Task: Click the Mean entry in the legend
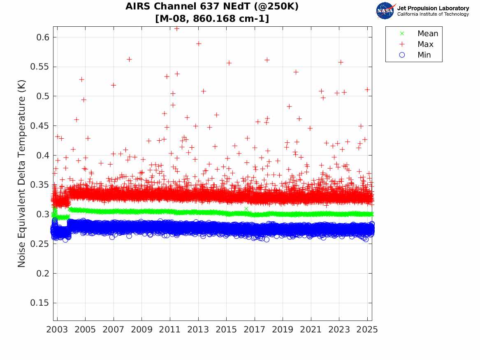coord(428,34)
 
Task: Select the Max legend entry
coord(425,44)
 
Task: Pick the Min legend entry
coord(424,55)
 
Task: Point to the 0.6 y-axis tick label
coord(43,37)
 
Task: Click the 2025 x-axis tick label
coord(367,330)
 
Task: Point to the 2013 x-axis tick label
coord(198,330)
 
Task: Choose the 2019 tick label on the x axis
coord(283,330)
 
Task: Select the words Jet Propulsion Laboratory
coord(433,8)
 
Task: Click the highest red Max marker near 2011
coord(177,28)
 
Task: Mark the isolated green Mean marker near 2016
coord(246,209)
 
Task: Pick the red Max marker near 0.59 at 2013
coord(199,43)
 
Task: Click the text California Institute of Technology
coord(433,14)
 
